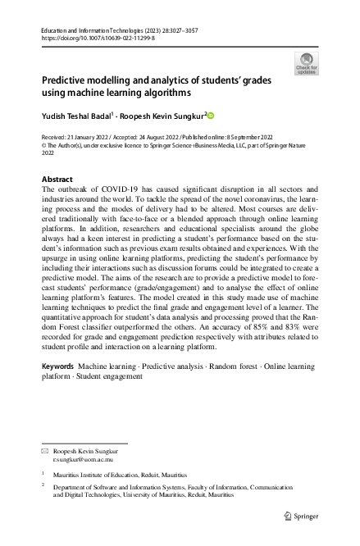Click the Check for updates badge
(x=306, y=63)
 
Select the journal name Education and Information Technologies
(x=85, y=30)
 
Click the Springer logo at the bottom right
(x=298, y=516)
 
